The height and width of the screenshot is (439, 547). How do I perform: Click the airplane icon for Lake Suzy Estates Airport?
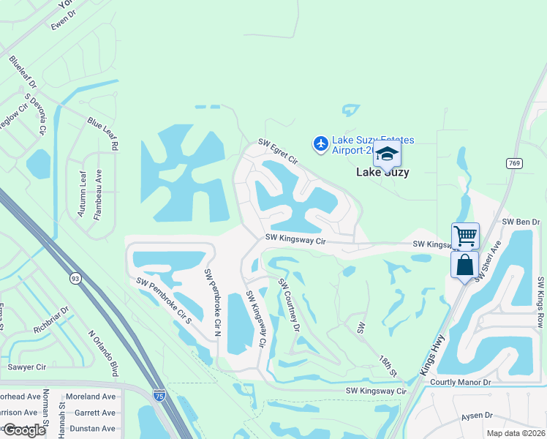[x=320, y=144]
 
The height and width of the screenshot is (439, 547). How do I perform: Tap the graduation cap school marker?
[x=387, y=154]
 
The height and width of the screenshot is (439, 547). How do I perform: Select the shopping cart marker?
[x=465, y=236]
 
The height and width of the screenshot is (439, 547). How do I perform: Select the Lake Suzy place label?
[x=382, y=173]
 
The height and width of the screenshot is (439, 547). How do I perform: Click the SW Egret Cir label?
[x=278, y=151]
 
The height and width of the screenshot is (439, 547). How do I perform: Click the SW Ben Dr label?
[x=520, y=222]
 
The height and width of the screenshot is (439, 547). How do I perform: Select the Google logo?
[x=24, y=430]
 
